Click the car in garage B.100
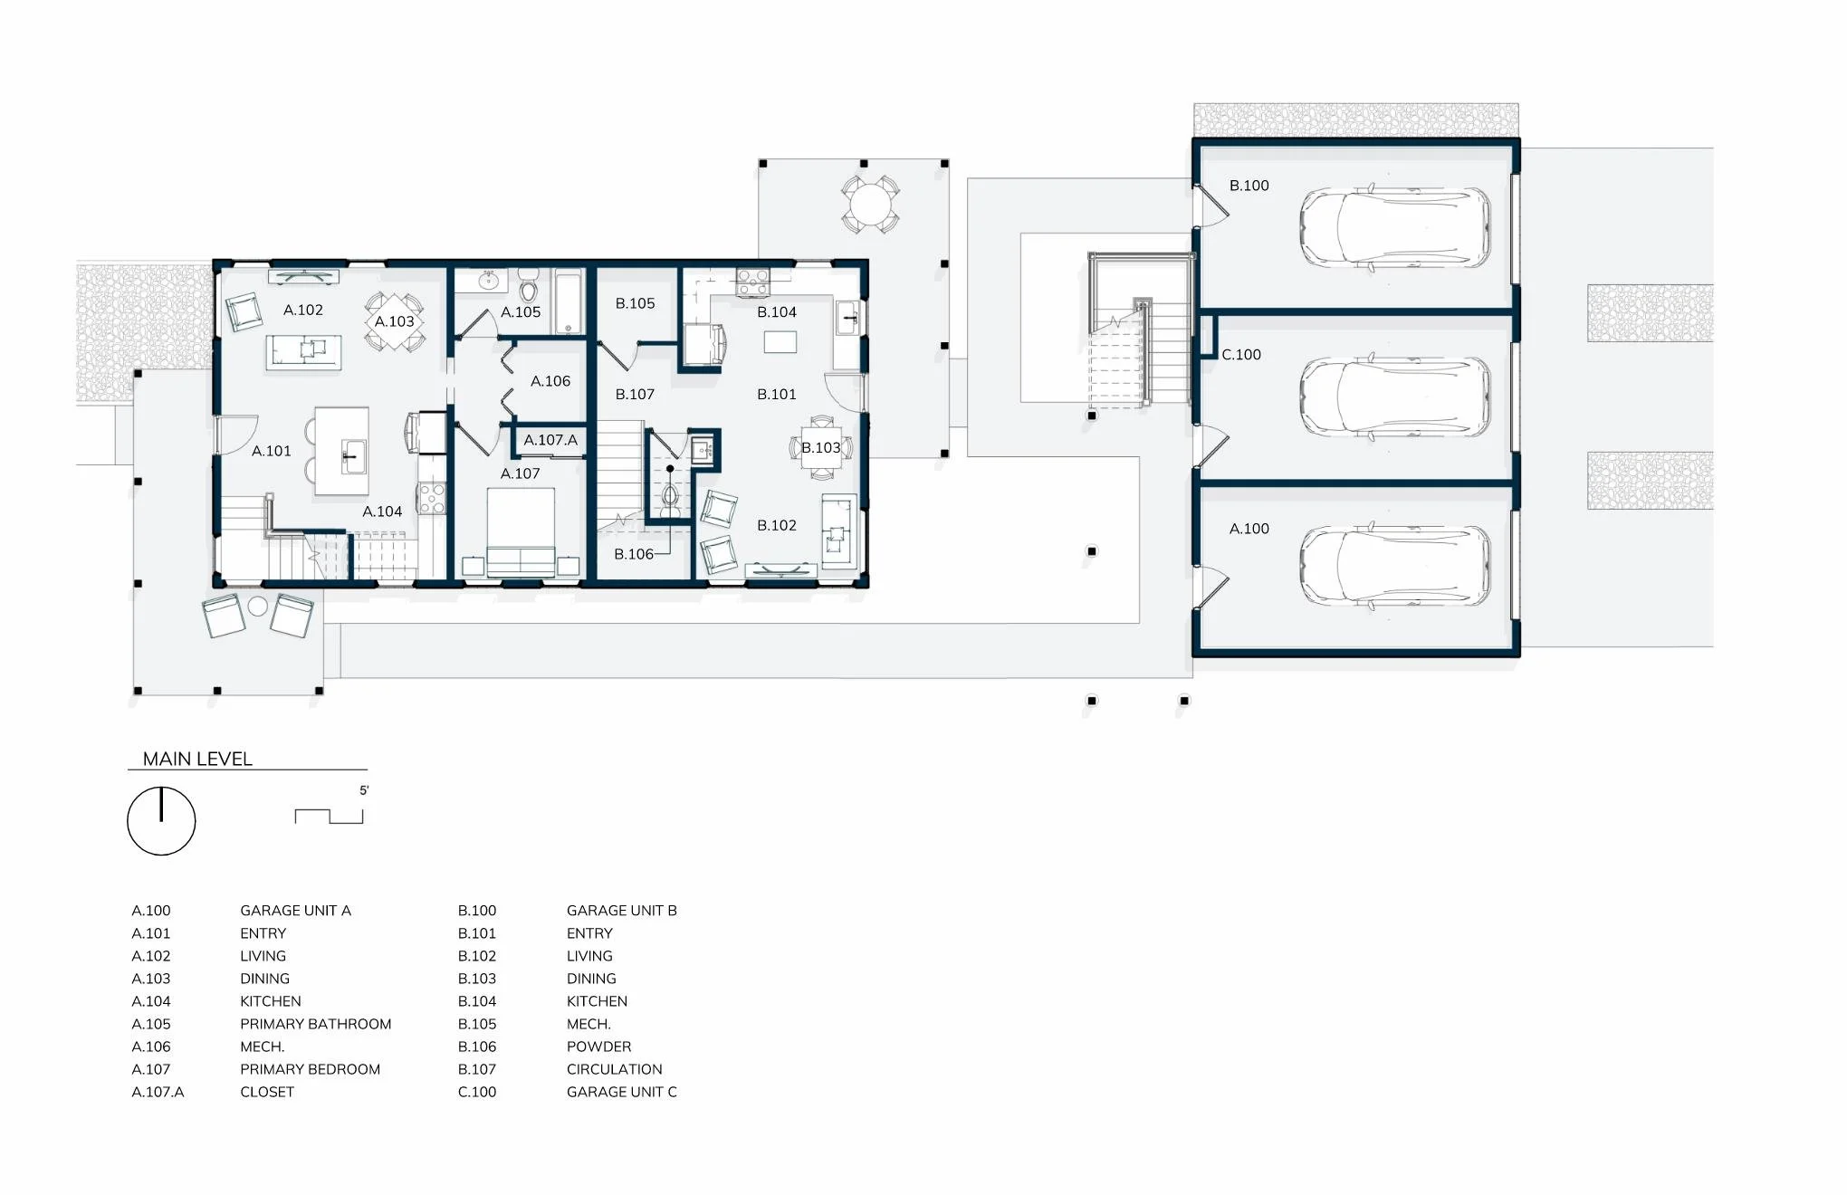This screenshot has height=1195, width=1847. click(1394, 228)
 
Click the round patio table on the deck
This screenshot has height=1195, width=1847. click(870, 204)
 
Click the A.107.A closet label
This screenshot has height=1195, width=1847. click(550, 440)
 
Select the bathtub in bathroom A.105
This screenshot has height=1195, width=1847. click(569, 301)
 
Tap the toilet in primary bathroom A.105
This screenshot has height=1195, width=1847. click(530, 289)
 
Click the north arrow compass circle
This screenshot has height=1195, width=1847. click(161, 821)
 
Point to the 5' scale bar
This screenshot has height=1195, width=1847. click(329, 816)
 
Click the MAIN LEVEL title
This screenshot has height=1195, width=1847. click(197, 760)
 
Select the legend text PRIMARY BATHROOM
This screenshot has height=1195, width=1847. click(315, 1024)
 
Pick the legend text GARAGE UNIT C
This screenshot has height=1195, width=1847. click(621, 1092)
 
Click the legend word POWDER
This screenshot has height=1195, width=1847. click(598, 1047)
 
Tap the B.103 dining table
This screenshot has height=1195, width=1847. click(821, 447)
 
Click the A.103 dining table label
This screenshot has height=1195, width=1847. click(394, 321)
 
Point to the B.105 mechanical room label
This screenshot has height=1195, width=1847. click(635, 303)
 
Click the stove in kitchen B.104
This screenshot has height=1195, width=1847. click(752, 282)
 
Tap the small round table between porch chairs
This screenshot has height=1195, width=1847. click(258, 607)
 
